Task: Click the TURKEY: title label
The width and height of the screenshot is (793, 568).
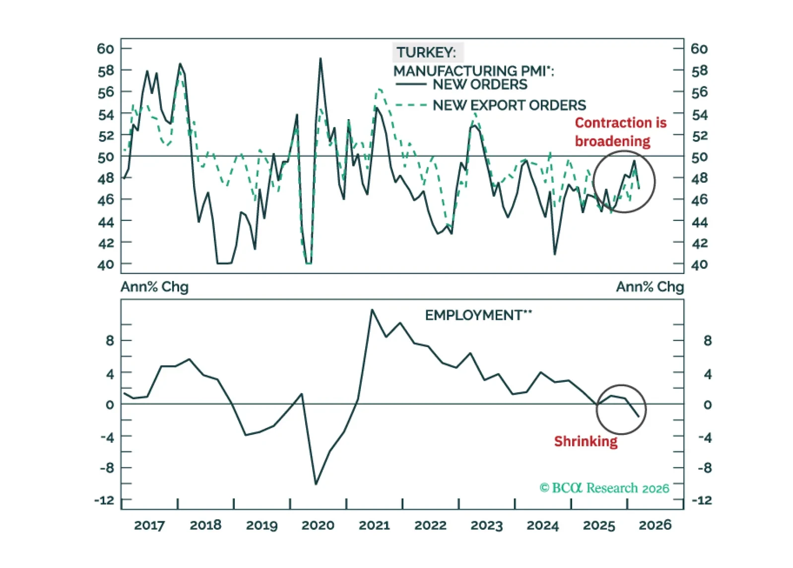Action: pos(426,52)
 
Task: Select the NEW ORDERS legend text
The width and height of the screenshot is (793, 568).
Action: pos(480,84)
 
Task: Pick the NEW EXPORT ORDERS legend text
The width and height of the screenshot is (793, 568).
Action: pos(509,105)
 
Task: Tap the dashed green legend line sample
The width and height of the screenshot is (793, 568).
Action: pos(411,105)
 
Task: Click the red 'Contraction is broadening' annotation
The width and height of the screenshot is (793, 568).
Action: pos(620,132)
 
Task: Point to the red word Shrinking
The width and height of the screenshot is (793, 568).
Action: pos(586,441)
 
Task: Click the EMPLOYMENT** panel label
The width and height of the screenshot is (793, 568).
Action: pos(478,315)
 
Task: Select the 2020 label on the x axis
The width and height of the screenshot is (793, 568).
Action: pos(318,525)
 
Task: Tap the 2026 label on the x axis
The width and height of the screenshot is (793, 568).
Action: pos(655,525)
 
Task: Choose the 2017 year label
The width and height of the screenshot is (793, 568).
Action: pos(149,525)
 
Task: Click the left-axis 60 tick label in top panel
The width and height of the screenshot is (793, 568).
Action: pos(105,49)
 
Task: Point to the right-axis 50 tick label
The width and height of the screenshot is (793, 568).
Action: pos(699,157)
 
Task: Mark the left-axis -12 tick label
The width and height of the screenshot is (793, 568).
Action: pos(104,500)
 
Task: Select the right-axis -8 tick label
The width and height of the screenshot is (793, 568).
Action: pos(705,468)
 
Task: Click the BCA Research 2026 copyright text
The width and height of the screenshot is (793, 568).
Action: pos(604,488)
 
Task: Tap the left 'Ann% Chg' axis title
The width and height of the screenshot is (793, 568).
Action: pos(154,287)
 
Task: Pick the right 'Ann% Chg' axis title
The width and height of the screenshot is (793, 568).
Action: pos(650,287)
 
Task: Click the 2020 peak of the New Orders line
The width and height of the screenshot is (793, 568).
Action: pos(321,59)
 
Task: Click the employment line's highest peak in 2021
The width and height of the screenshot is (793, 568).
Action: pos(372,310)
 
